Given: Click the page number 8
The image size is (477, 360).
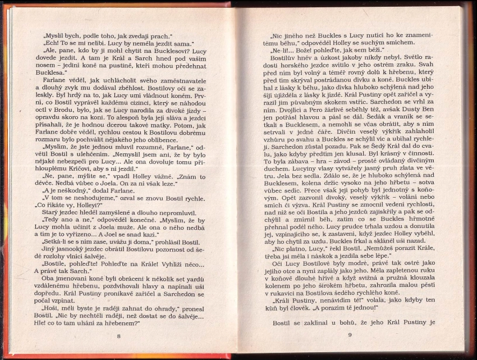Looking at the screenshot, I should pyautogui.click(x=118, y=336).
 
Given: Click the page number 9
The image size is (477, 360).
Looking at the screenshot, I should pyautogui.click(x=349, y=335).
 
